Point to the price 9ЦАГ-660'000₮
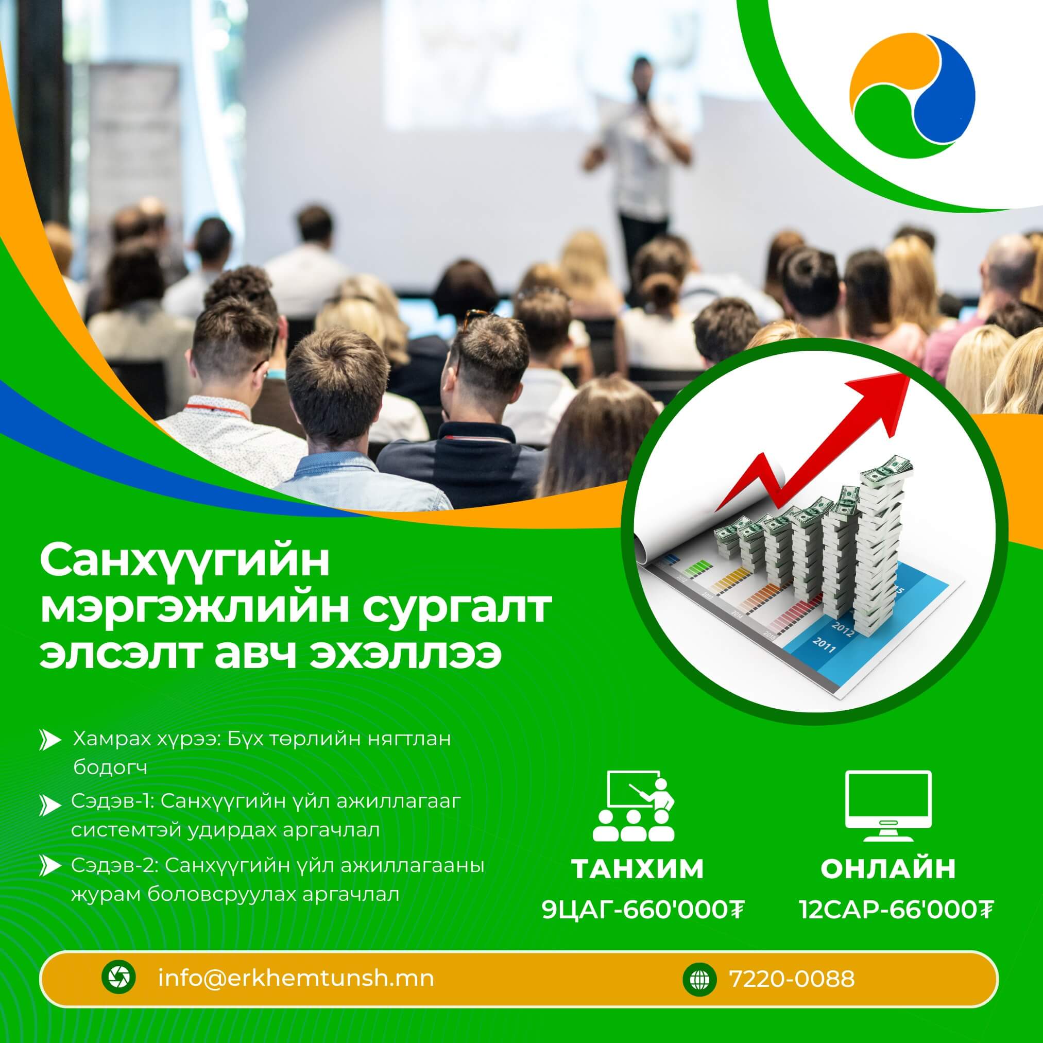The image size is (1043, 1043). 643,911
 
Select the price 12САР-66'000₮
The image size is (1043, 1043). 896,911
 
